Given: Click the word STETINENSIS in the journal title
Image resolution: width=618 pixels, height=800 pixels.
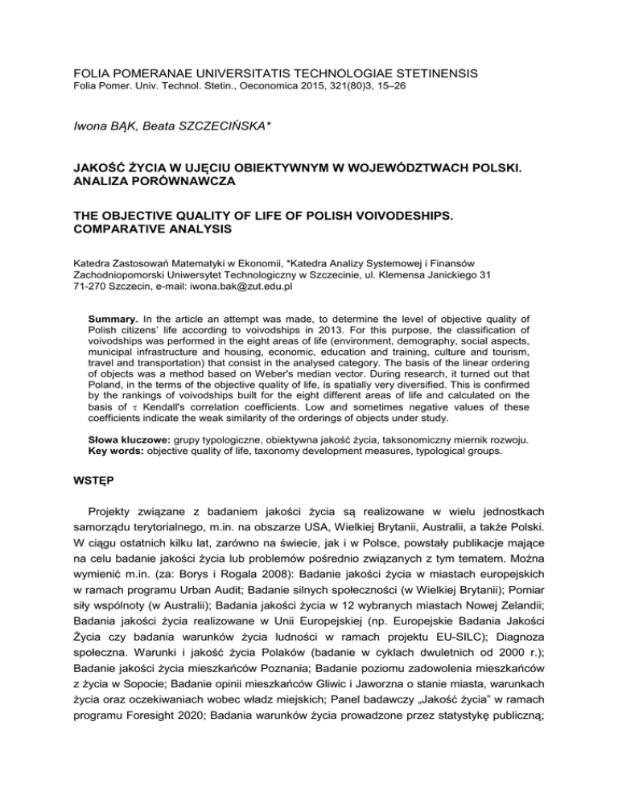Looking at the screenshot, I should (423, 74).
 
